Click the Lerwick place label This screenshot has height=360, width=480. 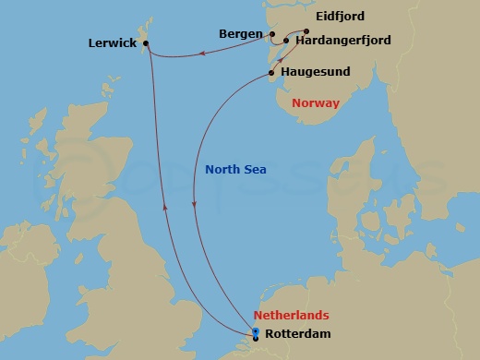(111, 42)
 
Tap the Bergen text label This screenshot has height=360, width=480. (241, 33)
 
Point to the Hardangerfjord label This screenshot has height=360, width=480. (344, 42)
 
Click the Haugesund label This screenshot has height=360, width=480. (316, 73)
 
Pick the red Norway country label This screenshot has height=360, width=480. (316, 103)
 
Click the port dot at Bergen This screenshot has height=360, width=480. (272, 34)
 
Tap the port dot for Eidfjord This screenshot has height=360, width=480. (306, 30)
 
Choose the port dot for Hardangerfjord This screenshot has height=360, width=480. (286, 42)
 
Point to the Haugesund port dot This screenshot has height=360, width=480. (271, 73)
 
